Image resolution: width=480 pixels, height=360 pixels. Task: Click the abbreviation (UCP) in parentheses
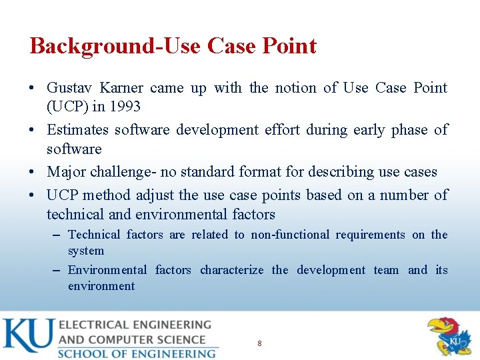[x=67, y=107]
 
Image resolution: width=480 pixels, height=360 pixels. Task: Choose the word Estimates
[x=76, y=129]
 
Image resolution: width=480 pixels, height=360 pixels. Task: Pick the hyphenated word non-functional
[x=290, y=235]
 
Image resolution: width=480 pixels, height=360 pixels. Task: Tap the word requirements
[x=370, y=235]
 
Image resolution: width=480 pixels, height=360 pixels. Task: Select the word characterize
[x=231, y=270]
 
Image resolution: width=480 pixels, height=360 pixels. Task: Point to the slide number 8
[x=259, y=343]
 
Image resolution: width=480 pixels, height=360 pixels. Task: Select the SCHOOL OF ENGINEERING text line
[x=137, y=353]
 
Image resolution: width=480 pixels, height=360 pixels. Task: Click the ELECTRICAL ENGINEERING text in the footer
[x=135, y=325]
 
